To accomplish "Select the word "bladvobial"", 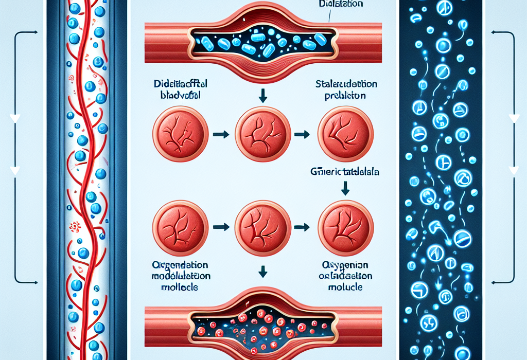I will click(x=180, y=95).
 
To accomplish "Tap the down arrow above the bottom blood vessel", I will click(x=262, y=270).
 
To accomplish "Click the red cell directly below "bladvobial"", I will click(x=181, y=134).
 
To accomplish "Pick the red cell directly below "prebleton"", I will click(x=345, y=134).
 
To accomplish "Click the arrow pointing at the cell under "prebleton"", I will click(x=301, y=135).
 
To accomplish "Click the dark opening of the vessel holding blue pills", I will click(x=262, y=42).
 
